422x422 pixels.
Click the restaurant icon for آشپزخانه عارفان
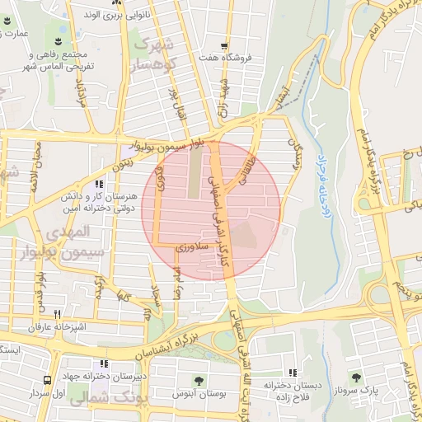pyautogui.click(x=57, y=314)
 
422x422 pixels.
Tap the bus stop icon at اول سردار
pyautogui.click(x=47, y=380)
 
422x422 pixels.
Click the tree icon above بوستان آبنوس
pyautogui.click(x=199, y=380)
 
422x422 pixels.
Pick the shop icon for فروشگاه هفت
pyautogui.click(x=223, y=47)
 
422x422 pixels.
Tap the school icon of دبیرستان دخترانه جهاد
pyautogui.click(x=103, y=363)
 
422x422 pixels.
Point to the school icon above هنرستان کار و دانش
pyautogui.click(x=99, y=185)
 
